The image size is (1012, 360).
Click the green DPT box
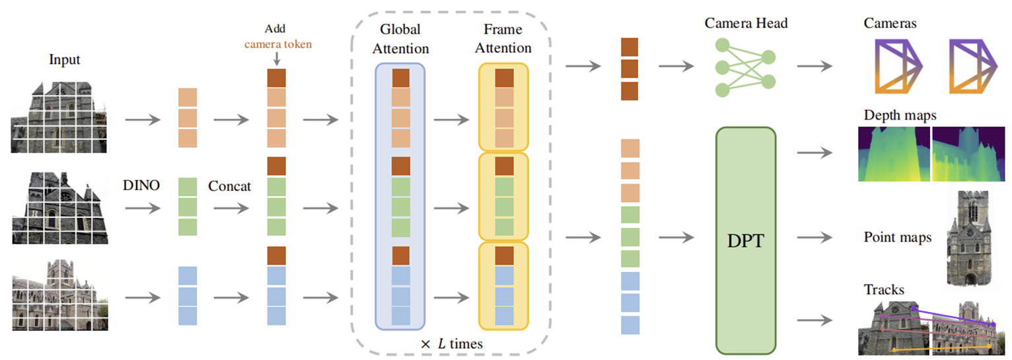(x=745, y=240)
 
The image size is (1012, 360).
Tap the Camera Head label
(x=746, y=23)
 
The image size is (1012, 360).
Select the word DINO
(x=141, y=185)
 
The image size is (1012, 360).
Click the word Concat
(x=229, y=186)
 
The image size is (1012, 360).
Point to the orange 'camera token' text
(x=278, y=44)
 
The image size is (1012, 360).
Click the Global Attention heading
(x=400, y=39)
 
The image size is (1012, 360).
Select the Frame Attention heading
(x=503, y=38)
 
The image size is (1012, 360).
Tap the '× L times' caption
(x=451, y=344)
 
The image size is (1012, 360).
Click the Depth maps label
(x=900, y=115)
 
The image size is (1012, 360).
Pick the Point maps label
(x=897, y=237)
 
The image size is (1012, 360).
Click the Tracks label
(x=884, y=289)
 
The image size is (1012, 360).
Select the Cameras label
(x=890, y=23)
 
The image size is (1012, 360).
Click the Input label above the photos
(x=64, y=59)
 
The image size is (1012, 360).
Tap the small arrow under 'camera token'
(x=277, y=58)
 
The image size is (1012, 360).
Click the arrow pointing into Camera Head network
(x=676, y=67)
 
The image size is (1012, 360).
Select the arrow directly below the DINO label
(x=143, y=208)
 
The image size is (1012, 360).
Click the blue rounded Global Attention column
(x=400, y=196)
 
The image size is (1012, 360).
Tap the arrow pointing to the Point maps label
(x=814, y=237)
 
